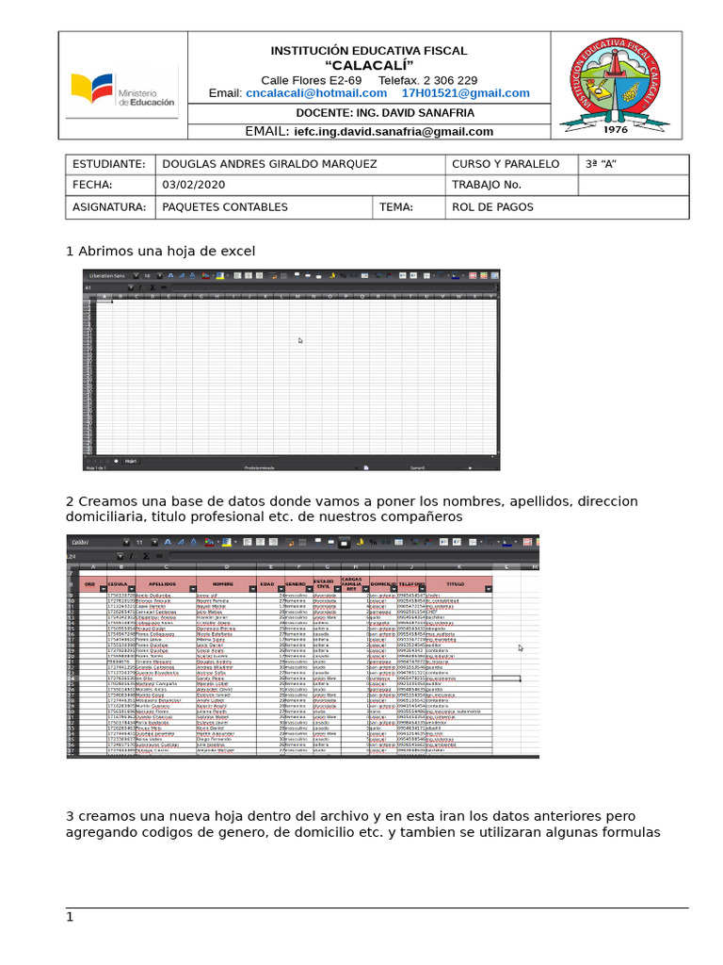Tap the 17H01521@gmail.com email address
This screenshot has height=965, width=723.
click(465, 93)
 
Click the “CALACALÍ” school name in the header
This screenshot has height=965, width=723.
click(368, 64)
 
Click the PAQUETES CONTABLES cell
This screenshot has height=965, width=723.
click(225, 207)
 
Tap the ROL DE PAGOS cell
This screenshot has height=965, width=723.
click(492, 207)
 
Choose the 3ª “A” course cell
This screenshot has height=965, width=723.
click(601, 164)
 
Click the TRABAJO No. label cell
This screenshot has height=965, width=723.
click(486, 185)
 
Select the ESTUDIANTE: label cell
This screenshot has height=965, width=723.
click(108, 164)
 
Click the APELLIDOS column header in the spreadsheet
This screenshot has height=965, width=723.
click(163, 584)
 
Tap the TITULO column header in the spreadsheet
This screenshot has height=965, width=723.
click(456, 584)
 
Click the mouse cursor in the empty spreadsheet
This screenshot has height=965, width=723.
click(300, 340)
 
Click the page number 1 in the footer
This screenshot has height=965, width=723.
click(69, 917)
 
